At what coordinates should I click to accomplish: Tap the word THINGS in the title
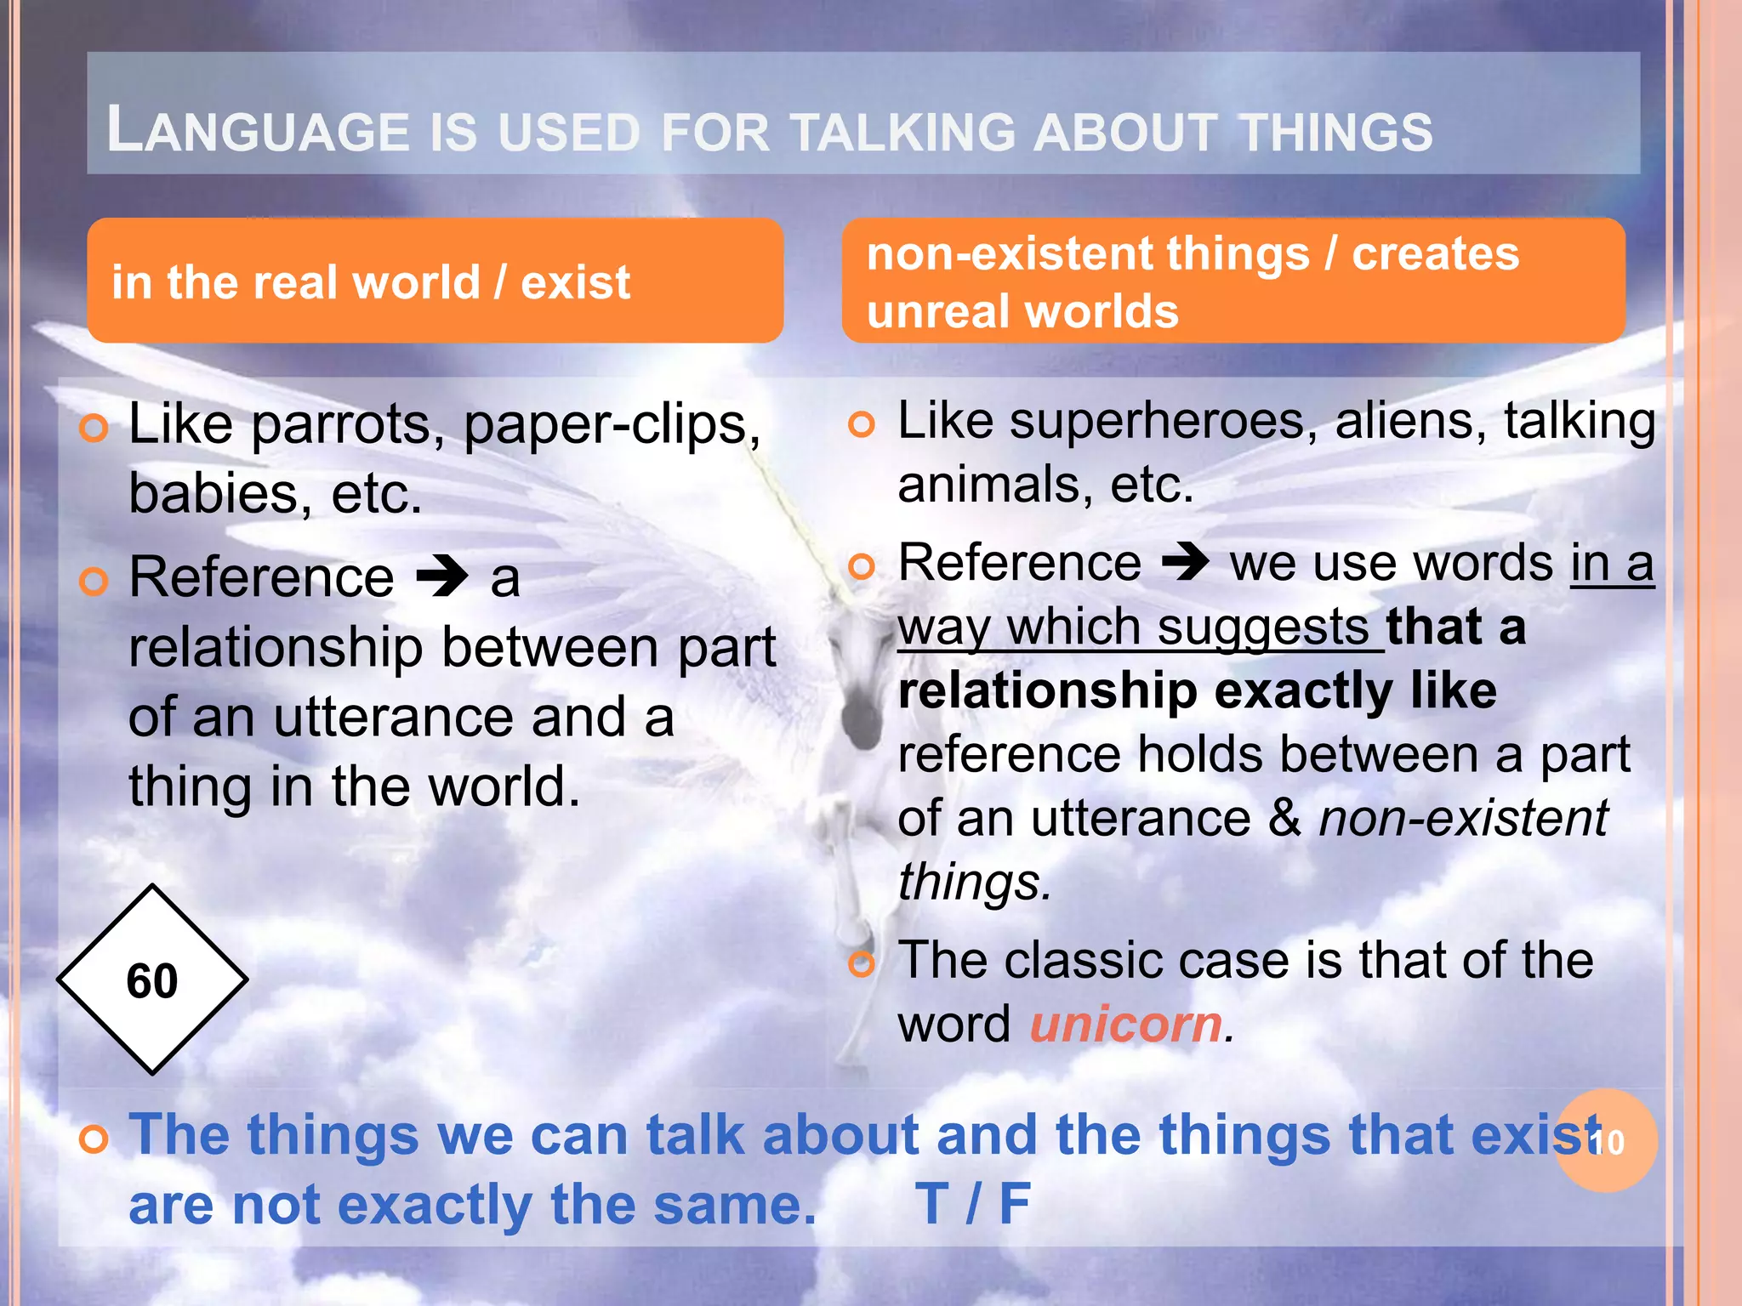click(1335, 132)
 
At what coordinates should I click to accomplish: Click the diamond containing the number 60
click(152, 980)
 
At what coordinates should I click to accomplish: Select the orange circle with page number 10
click(1607, 1141)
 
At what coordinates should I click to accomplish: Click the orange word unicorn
click(1125, 1024)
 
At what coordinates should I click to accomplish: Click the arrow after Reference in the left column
click(442, 578)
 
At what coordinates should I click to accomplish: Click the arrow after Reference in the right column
click(1185, 562)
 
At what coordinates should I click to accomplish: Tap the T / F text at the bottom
click(973, 1204)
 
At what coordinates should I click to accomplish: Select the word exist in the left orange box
click(576, 282)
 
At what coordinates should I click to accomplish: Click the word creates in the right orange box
click(1435, 254)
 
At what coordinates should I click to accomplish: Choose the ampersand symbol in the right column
click(1284, 819)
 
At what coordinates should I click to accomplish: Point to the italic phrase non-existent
click(1463, 819)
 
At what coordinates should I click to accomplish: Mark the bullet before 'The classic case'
click(862, 963)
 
